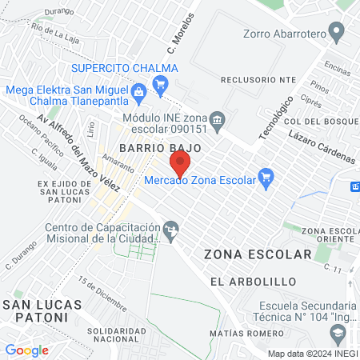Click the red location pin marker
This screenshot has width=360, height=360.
coord(180,165)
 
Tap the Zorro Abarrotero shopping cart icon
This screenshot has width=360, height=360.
coord(337,34)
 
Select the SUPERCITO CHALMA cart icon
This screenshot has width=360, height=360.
coord(161,82)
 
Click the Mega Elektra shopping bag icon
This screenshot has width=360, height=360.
coord(139,92)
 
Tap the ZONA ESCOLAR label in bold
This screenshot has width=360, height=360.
coord(257,254)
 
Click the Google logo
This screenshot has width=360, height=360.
coord(26,350)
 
